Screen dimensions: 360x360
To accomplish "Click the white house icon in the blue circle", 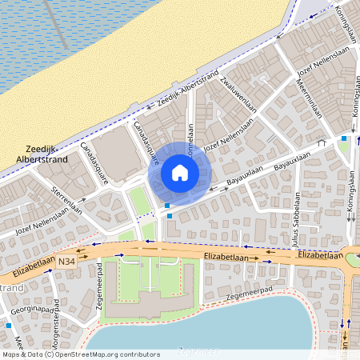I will click(180, 172).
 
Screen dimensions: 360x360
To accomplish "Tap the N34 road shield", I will click(67, 260).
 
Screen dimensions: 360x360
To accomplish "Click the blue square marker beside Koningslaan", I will click(345, 138).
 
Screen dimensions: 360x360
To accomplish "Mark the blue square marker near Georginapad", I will click(8, 326).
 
